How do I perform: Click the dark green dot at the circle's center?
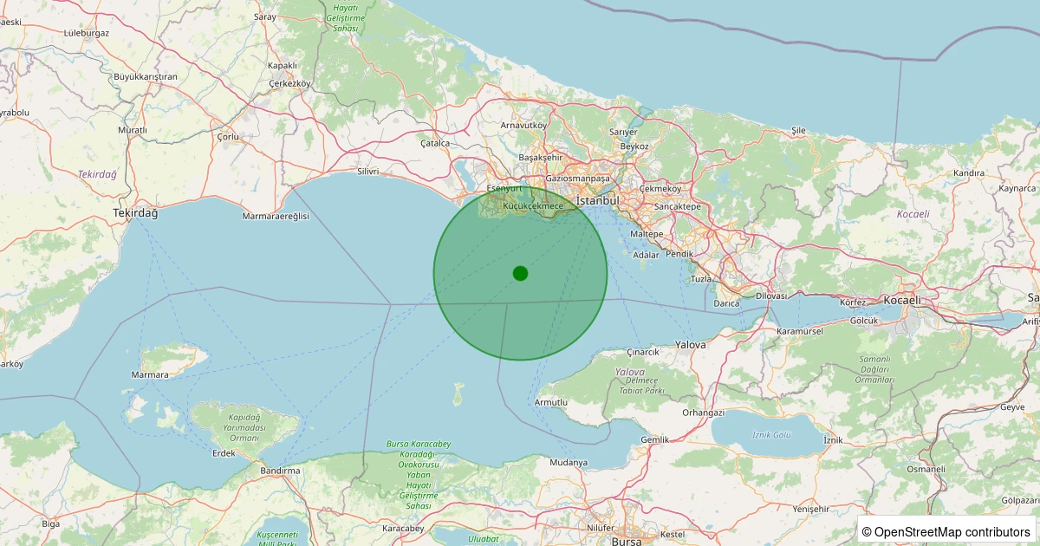(520, 273)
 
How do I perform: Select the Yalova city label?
(691, 344)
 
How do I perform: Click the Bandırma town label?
(280, 470)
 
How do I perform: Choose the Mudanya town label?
(569, 462)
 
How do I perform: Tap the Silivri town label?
(367, 172)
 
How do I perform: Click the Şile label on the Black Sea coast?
(798, 130)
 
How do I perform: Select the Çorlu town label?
(227, 137)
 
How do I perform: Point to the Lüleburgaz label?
(87, 33)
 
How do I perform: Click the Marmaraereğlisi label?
(276, 216)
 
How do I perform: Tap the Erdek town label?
(224, 453)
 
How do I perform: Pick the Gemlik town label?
(654, 439)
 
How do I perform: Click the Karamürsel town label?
(801, 332)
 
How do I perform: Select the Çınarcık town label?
(643, 352)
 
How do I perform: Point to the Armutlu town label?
(551, 403)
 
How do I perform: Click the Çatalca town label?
(435, 143)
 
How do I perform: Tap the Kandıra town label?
(969, 173)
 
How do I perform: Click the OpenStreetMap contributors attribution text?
(946, 531)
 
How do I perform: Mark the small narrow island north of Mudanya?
(458, 396)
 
